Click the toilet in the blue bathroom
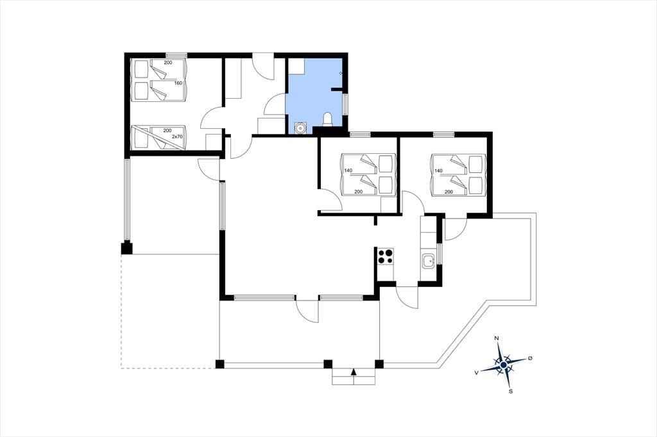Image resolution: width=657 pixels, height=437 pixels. (x=328, y=119)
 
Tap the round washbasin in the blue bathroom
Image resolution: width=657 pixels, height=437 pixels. (x=300, y=127)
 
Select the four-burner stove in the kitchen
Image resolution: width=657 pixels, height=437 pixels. (x=386, y=256)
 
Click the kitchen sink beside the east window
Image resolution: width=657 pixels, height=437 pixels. (x=428, y=261)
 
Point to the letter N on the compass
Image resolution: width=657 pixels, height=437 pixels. (x=497, y=338)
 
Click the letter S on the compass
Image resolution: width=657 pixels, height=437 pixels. (x=510, y=392)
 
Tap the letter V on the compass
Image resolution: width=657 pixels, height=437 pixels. (x=477, y=372)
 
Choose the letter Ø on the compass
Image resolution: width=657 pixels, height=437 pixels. (x=530, y=358)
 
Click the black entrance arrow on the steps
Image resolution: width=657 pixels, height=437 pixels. (x=354, y=371)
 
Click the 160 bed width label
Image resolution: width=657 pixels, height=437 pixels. (x=178, y=83)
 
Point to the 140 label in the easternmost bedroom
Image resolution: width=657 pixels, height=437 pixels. (x=439, y=171)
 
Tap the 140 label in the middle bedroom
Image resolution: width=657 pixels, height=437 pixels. (x=348, y=170)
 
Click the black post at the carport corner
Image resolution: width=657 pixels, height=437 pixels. (x=126, y=248)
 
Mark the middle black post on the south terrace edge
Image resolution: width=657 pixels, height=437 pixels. (x=328, y=364)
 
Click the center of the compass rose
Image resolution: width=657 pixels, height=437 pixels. (x=503, y=365)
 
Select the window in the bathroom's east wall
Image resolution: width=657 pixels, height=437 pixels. (x=345, y=104)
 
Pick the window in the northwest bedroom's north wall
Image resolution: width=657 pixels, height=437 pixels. (x=176, y=55)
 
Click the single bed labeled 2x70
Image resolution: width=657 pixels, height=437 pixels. (x=158, y=137)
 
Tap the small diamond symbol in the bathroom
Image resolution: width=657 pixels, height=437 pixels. (x=341, y=73)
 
